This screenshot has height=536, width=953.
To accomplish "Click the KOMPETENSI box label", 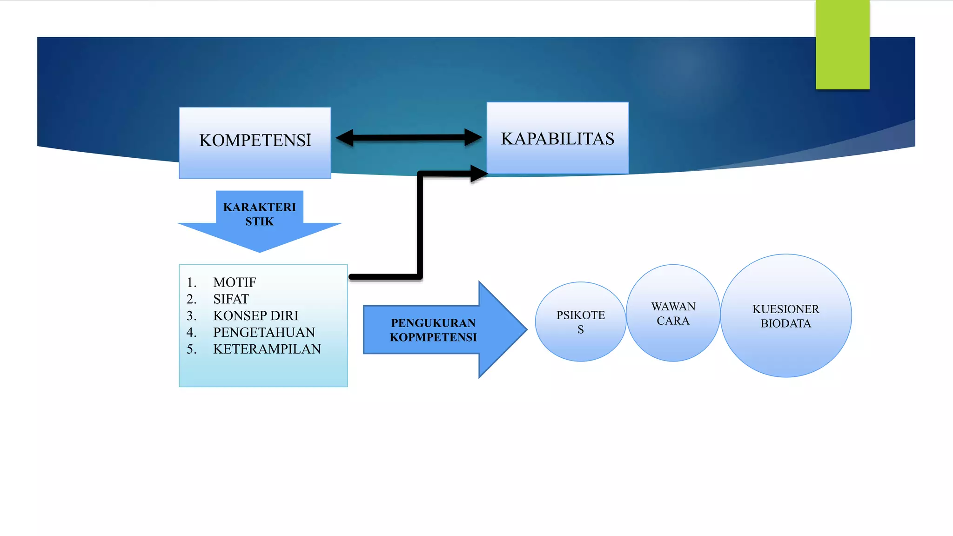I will [255, 141].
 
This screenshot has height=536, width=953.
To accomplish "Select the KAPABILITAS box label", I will [557, 139].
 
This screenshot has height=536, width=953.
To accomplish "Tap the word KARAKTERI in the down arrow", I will [259, 207].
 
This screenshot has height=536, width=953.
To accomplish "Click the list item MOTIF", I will [235, 282].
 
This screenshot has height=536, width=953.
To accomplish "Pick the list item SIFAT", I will [231, 299].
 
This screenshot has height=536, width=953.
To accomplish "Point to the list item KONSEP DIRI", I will [255, 316].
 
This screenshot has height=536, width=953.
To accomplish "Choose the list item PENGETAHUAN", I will [264, 332].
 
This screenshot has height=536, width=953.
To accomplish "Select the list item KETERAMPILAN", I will [267, 349].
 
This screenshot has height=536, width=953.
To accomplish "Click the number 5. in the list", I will [191, 349].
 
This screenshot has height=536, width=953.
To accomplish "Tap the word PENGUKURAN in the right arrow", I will [433, 323].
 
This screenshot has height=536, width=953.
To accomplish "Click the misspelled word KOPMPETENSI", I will [433, 337].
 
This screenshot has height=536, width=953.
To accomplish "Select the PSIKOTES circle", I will [580, 322].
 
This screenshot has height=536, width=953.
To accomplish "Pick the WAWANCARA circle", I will [673, 314].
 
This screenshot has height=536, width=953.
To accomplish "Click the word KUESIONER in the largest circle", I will [785, 309].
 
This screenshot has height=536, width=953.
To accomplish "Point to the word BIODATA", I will [785, 324].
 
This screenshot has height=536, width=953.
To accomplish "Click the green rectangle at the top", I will [842, 45].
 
